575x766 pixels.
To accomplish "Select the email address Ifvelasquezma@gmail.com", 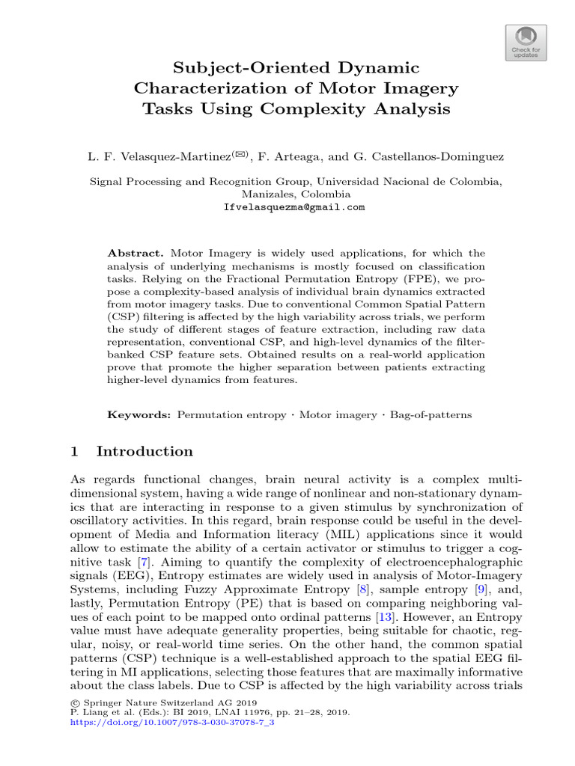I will (294, 207).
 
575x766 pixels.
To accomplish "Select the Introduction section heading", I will (144, 451).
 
